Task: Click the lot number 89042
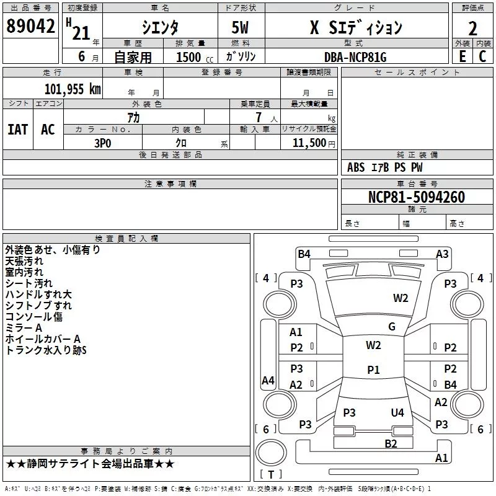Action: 30,26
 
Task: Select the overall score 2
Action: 472,29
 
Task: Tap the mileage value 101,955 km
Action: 73,89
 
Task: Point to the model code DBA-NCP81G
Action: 355,57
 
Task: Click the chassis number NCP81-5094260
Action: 417,197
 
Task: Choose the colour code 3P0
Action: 103,143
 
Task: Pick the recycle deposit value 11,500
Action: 309,143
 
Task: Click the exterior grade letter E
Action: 462,56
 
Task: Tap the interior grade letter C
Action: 482,56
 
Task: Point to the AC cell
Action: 48,130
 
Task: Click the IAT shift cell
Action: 18,130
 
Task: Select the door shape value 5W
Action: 240,27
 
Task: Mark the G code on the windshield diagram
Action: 392,327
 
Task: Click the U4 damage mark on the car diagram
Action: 397,412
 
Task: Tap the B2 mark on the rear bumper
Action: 391,444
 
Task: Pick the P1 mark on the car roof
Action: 373,370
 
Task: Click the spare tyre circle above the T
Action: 271,453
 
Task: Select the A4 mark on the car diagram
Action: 268,380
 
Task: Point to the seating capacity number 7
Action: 259,117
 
